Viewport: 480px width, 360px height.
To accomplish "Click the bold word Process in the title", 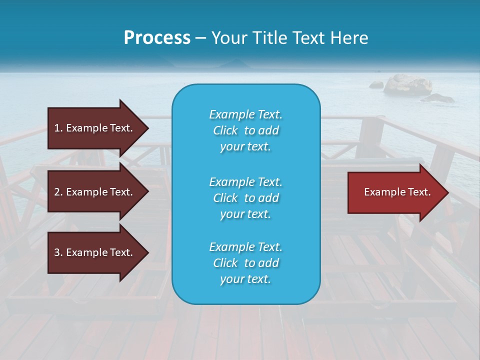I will [x=157, y=38].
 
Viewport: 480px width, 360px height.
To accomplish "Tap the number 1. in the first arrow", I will [x=58, y=128].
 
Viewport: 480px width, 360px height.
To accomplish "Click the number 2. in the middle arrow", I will [x=58, y=192].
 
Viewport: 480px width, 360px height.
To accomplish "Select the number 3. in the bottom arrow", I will [x=58, y=252].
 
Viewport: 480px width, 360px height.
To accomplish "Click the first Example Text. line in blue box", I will [x=245, y=114].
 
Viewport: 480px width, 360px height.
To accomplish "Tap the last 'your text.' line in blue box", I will [x=245, y=279].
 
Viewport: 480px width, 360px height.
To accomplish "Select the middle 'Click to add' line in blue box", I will [x=245, y=198].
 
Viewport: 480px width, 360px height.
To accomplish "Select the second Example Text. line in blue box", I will [x=245, y=181].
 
